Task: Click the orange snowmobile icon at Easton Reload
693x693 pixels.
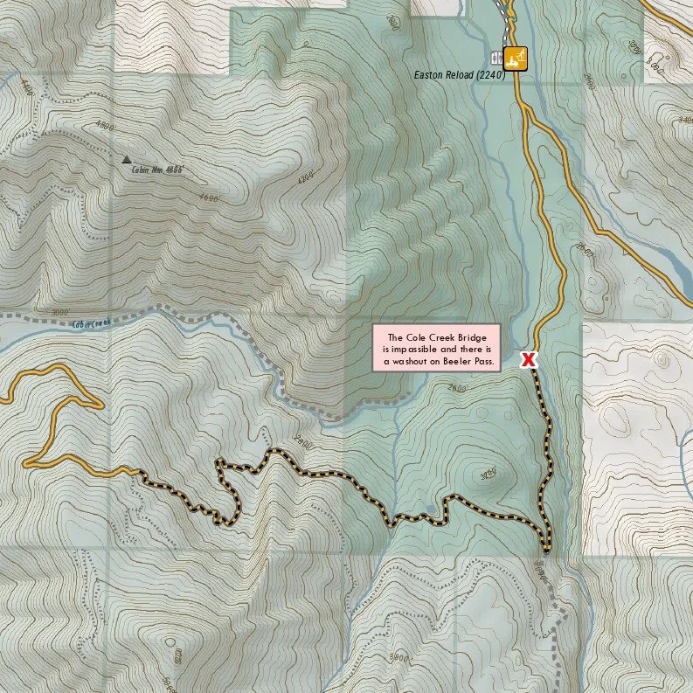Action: [516, 58]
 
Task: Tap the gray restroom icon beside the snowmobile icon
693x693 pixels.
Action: [497, 59]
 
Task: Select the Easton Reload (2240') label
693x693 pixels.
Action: [460, 75]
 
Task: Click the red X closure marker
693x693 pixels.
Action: [528, 359]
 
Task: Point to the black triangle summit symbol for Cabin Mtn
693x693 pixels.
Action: [127, 160]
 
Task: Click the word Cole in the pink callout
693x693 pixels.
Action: [415, 337]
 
